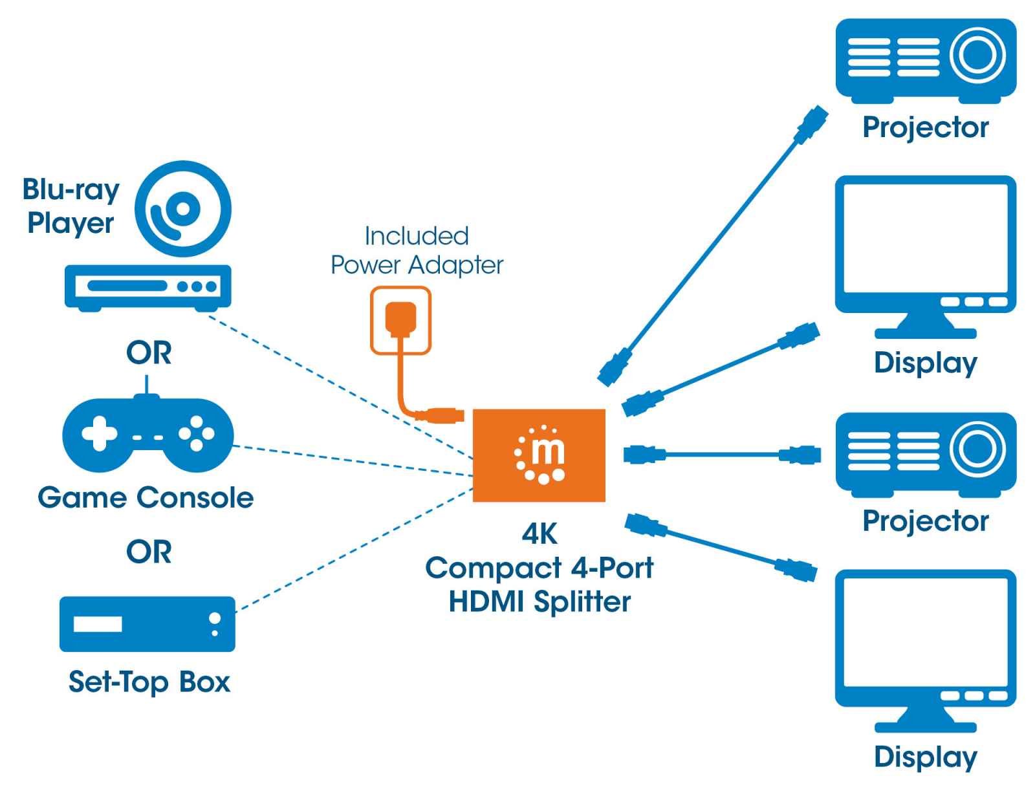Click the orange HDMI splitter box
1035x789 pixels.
click(539, 455)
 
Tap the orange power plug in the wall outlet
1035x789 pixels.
click(400, 319)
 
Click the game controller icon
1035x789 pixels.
click(147, 433)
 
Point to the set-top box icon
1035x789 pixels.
click(147, 623)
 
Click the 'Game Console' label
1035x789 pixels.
click(146, 497)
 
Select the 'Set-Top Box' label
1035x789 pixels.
click(149, 682)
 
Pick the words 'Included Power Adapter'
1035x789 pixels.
click(417, 251)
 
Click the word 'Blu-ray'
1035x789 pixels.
click(71, 189)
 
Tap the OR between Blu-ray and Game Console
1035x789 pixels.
click(149, 353)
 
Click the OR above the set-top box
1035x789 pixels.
click(149, 552)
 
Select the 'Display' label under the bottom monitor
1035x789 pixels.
click(925, 757)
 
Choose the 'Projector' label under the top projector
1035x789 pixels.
click(925, 127)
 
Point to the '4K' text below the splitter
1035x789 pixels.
click(539, 534)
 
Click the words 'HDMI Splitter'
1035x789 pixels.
click(539, 601)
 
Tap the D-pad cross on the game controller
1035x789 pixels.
click(99, 433)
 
